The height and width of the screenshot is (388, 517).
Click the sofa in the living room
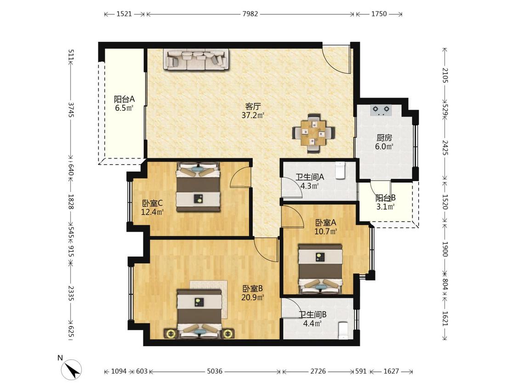pyautogui.click(x=197, y=60)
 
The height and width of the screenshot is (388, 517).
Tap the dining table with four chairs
pyautogui.click(x=313, y=133)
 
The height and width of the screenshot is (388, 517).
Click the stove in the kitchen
pyautogui.click(x=381, y=110)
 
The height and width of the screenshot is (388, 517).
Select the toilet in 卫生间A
pyautogui.click(x=340, y=170)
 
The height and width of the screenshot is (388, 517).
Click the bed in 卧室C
pyautogui.click(x=198, y=186)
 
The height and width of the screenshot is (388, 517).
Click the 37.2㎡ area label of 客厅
pyautogui.click(x=253, y=115)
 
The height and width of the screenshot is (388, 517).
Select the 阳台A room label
pyautogui.click(x=124, y=99)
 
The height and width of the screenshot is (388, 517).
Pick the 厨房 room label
pyautogui.click(x=384, y=137)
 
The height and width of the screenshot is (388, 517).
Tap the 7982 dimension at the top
pyautogui.click(x=250, y=14)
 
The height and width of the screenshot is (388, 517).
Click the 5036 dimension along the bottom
pyautogui.click(x=215, y=371)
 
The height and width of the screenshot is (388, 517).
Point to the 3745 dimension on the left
pyautogui.click(x=71, y=109)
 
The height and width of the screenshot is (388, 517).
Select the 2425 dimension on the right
pyautogui.click(x=445, y=148)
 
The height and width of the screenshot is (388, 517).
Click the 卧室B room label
pyautogui.click(x=253, y=289)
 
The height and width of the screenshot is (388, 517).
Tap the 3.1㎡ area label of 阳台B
pyautogui.click(x=386, y=207)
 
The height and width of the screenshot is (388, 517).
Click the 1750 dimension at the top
pyautogui.click(x=379, y=14)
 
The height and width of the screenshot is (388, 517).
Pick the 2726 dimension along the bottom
pyautogui.click(x=318, y=371)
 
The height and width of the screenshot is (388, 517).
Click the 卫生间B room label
pyautogui.click(x=312, y=315)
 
